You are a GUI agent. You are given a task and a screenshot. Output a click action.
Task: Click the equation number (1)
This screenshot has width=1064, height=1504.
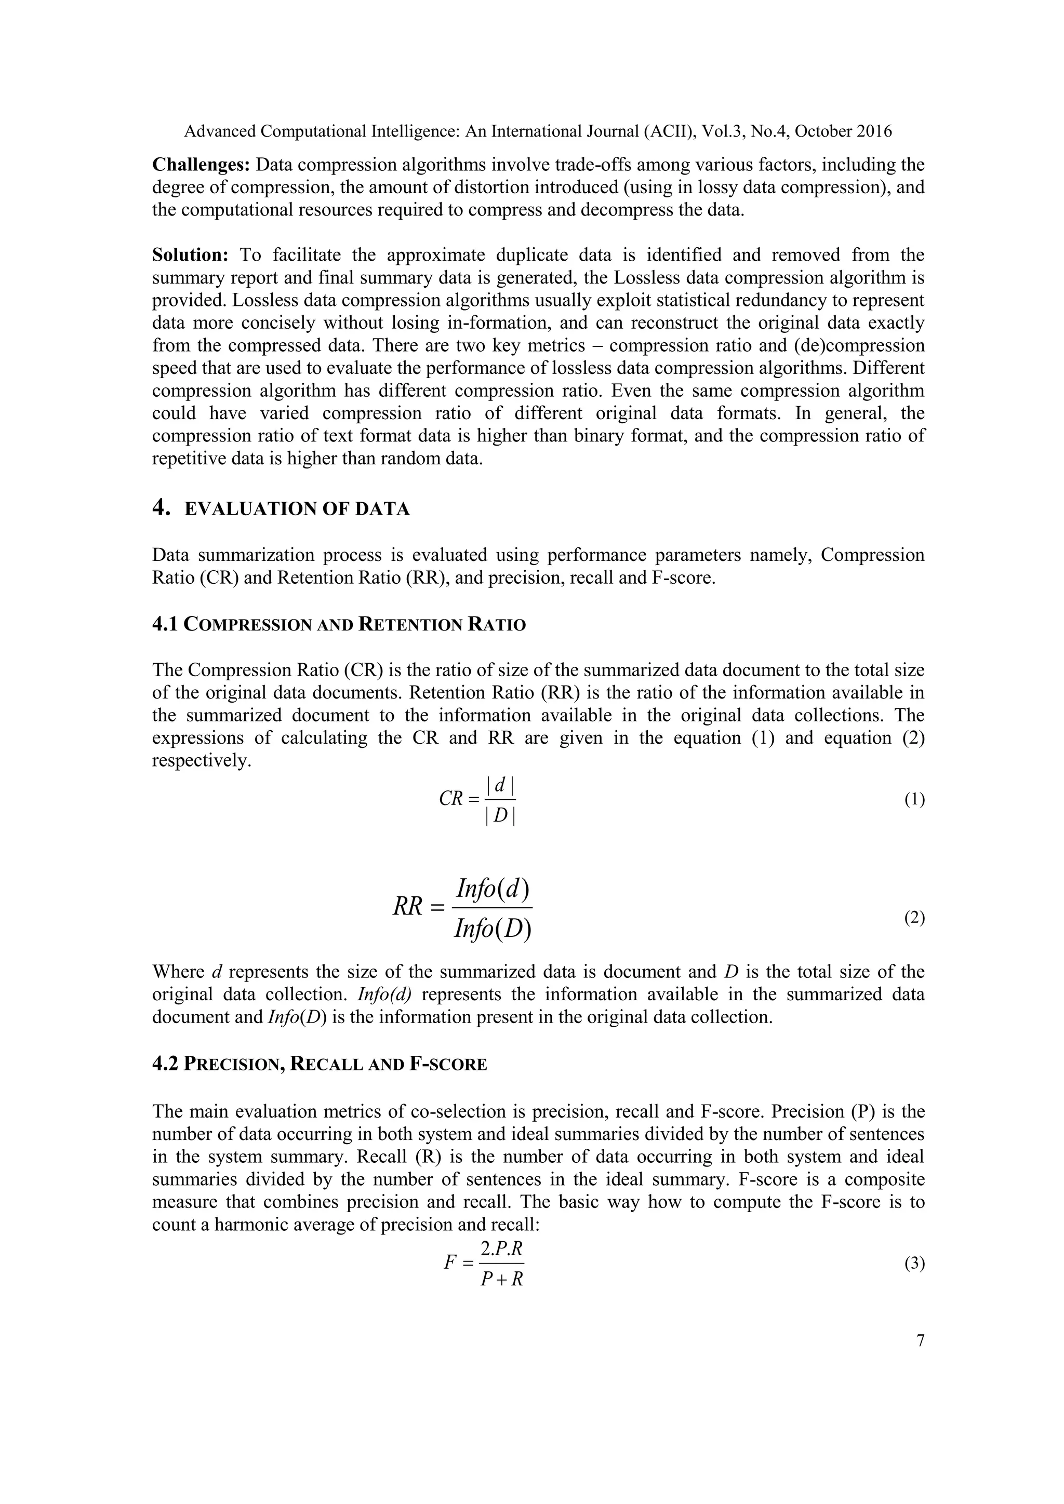914,800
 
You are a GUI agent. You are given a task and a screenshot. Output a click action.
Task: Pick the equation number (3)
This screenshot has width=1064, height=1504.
914,1264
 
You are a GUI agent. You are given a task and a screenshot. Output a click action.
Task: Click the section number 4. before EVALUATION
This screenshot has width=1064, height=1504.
161,508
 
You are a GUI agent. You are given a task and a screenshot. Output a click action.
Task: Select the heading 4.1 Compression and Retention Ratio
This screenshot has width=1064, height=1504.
339,624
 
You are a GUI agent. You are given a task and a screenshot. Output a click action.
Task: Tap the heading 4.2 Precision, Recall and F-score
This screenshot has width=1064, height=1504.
319,1065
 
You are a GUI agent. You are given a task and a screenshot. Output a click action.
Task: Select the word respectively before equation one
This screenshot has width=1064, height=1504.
202,761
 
